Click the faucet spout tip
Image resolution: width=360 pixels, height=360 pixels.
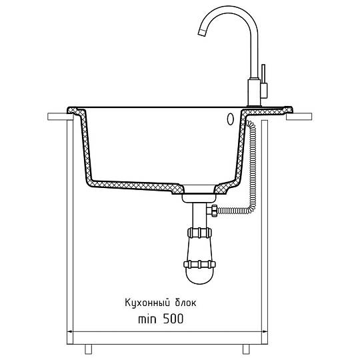point(202,33)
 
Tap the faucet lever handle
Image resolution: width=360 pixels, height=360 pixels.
point(263,81)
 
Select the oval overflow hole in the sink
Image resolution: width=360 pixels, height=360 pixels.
point(230,119)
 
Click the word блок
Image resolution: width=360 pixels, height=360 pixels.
point(186,303)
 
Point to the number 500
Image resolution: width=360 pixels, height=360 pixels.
point(173,319)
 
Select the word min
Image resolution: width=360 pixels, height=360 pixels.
point(147,319)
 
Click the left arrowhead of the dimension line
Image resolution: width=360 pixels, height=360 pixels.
point(70,331)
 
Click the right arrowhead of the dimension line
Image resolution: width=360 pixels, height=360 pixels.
point(265,331)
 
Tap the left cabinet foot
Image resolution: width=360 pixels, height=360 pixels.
point(89,349)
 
